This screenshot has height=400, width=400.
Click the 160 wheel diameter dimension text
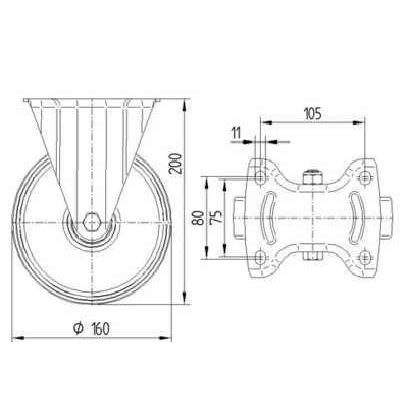(100, 328)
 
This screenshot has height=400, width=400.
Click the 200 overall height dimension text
(176, 163)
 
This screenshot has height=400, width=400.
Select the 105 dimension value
(312, 113)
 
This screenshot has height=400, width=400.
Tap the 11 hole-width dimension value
(236, 133)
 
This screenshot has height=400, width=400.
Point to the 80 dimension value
(197, 217)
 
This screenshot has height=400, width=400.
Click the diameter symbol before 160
(78, 328)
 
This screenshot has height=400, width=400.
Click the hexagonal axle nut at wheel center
(91, 221)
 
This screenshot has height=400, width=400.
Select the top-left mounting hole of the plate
(260, 176)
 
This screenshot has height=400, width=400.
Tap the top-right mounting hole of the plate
(365, 176)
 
